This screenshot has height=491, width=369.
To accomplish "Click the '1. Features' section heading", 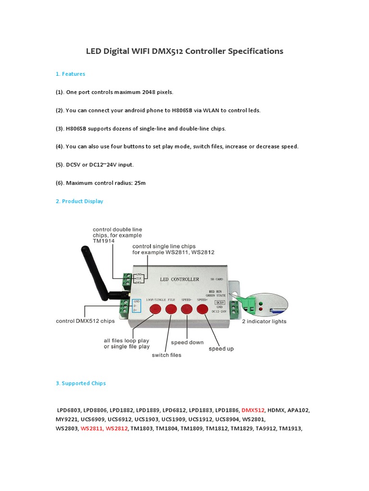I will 70,74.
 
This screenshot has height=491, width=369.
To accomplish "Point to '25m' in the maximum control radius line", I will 139,183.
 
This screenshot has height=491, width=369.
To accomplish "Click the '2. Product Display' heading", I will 79,201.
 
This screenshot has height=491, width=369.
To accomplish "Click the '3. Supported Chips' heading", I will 80,383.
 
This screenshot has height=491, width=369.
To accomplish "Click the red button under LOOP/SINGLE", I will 155,309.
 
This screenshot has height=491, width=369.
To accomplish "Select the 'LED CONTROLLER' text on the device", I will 179,279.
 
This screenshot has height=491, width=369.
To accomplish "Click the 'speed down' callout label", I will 187,342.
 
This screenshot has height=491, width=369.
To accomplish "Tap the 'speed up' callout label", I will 221,349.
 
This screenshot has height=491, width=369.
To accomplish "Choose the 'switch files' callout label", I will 167,355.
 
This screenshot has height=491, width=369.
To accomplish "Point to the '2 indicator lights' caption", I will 264,321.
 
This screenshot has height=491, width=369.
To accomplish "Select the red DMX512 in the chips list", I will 253,410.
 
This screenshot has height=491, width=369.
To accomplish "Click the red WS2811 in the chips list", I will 92,428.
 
